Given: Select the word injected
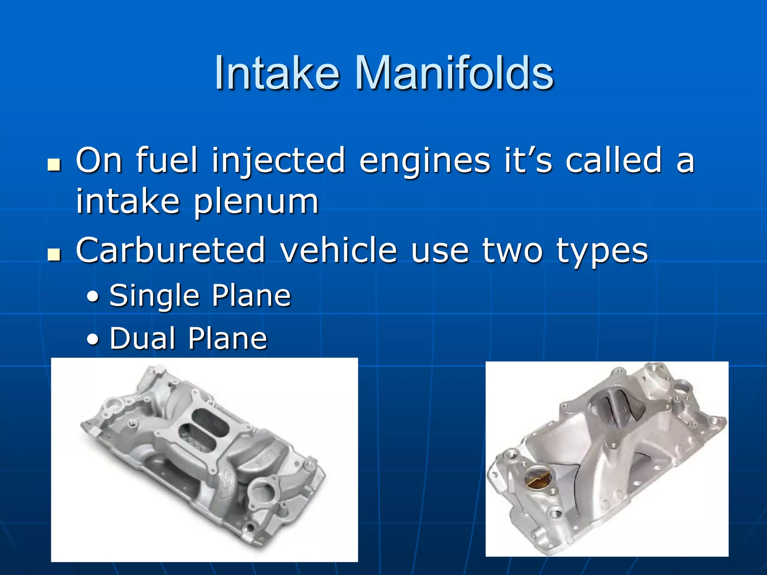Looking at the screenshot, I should coord(278,161).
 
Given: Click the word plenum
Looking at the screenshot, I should coord(256,203).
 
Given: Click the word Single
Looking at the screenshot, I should coord(154,296).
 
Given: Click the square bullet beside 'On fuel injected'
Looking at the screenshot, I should coord(54,165).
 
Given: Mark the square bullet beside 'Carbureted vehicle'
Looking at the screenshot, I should coord(54,255).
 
